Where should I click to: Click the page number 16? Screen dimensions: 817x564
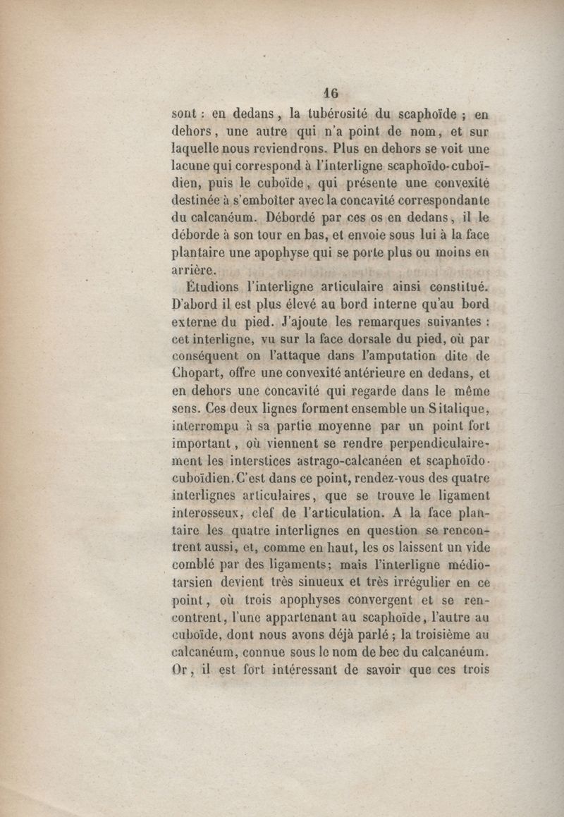coord(331,92)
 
